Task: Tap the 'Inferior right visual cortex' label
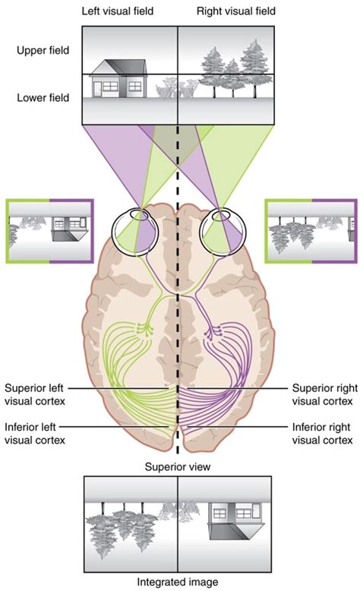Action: pos(322,433)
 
